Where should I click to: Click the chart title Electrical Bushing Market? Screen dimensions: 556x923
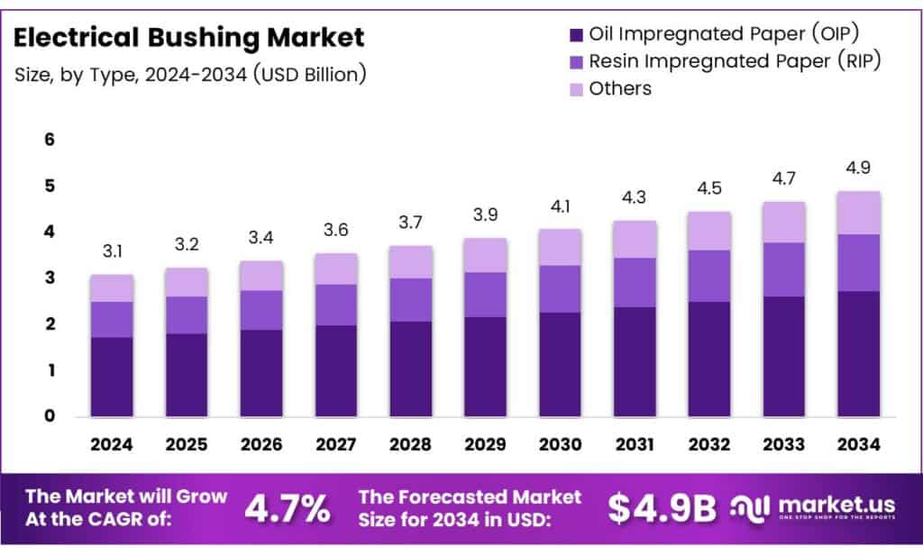[x=189, y=38]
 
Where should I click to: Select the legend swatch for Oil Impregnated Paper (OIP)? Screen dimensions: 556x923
[x=575, y=35]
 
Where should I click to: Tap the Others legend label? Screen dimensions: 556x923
[x=619, y=88]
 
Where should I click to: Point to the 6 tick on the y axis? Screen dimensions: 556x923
[x=50, y=140]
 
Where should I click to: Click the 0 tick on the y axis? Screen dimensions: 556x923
[x=50, y=416]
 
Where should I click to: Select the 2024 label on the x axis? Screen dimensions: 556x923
[x=112, y=444]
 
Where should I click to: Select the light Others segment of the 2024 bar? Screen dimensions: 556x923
[x=112, y=288]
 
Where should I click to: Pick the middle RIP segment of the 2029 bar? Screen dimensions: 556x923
[x=485, y=295]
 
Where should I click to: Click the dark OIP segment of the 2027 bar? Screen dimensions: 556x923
[x=335, y=370]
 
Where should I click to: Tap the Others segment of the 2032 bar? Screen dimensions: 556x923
[x=708, y=231]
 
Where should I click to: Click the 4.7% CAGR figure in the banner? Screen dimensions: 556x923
[x=287, y=509]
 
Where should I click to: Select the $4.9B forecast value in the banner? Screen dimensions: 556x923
[x=662, y=509]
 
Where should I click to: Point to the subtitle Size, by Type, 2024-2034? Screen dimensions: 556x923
[x=190, y=74]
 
